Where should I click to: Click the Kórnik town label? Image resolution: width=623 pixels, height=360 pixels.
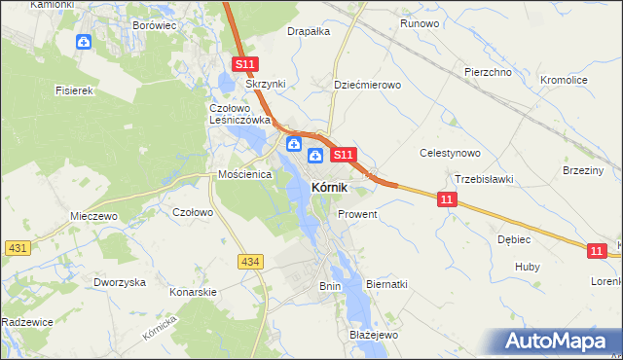pyautogui.click(x=330, y=187)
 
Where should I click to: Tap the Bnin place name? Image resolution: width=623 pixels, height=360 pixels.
pyautogui.click(x=330, y=286)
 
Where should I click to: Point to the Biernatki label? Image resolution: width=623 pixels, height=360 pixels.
pyautogui.click(x=386, y=284)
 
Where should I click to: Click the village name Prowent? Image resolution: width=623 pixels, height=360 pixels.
pyautogui.click(x=357, y=213)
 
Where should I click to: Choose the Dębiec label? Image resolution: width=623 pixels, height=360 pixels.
pyautogui.click(x=514, y=238)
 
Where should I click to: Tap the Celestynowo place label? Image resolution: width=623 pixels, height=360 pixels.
pyautogui.click(x=450, y=153)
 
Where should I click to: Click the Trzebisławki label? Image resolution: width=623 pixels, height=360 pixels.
pyautogui.click(x=484, y=178)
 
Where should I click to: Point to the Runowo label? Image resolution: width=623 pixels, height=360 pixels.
pyautogui.click(x=420, y=22)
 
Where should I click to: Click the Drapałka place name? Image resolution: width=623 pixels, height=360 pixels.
pyautogui.click(x=309, y=31)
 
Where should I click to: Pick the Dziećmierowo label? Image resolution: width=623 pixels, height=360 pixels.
pyautogui.click(x=367, y=85)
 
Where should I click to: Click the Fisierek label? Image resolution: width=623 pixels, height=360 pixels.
pyautogui.click(x=74, y=90)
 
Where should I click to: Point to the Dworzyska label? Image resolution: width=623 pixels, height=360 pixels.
pyautogui.click(x=120, y=281)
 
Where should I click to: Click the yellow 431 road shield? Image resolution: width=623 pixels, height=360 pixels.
pyautogui.click(x=16, y=249)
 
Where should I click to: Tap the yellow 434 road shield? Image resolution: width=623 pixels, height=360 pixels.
pyautogui.click(x=250, y=262)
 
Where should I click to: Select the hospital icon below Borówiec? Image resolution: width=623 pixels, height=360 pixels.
pyautogui.click(x=84, y=42)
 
